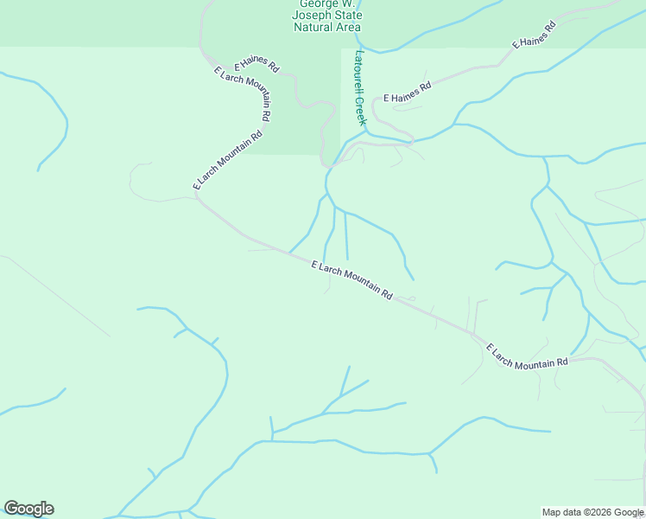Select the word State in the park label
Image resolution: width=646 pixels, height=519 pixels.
click(345, 16)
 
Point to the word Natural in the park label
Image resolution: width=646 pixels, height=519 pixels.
click(314, 27)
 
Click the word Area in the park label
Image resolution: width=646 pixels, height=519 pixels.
click(348, 27)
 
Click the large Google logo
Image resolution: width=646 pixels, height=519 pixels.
click(28, 509)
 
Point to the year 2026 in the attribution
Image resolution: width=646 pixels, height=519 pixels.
click(598, 512)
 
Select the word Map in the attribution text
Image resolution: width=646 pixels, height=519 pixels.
click(553, 512)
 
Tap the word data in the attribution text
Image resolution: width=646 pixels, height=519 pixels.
click(573, 512)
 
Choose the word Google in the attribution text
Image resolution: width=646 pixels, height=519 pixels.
click(628, 512)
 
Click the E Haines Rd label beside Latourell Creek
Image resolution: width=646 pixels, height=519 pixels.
click(408, 93)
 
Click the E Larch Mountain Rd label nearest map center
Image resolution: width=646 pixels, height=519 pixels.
click(351, 280)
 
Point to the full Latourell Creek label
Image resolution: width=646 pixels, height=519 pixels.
click(360, 86)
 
